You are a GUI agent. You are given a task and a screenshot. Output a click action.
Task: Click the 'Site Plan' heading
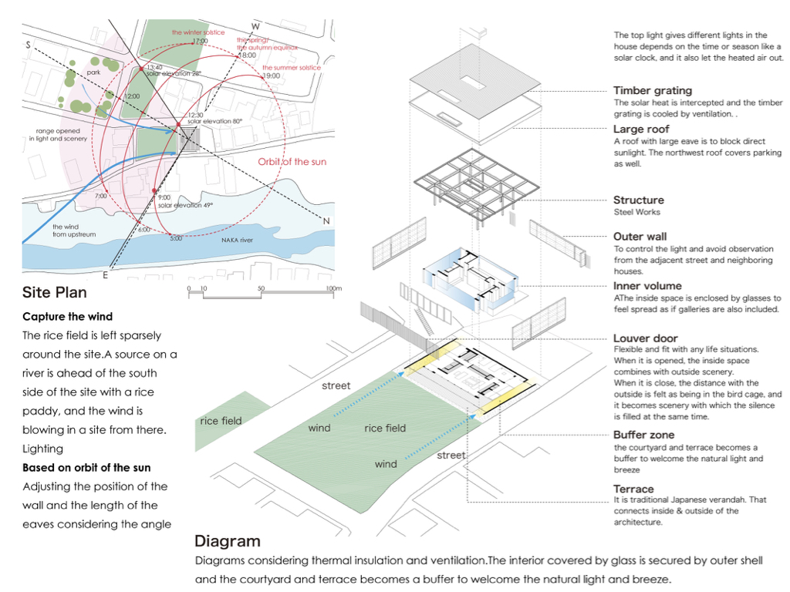[55, 292]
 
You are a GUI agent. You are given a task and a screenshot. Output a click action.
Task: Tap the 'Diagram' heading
[227, 541]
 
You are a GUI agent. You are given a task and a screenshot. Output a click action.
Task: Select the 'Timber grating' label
[653, 91]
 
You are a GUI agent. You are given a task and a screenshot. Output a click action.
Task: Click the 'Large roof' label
[641, 129]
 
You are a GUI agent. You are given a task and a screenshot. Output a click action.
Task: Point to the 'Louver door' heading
[646, 338]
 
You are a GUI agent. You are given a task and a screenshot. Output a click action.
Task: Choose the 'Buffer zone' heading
[644, 436]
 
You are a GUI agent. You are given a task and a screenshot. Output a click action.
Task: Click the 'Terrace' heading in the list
[633, 489]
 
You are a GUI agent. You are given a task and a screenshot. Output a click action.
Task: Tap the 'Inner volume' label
[648, 286]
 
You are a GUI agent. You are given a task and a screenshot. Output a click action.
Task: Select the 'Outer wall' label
[640, 237]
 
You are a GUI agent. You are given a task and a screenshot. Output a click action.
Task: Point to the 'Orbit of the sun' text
[292, 162]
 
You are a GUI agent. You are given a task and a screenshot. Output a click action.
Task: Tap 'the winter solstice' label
[198, 32]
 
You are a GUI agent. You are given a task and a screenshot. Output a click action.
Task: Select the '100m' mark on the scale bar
[333, 288]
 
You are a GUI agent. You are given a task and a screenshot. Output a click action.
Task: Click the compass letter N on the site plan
[326, 222]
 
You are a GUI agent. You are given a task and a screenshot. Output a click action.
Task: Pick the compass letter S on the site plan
[28, 45]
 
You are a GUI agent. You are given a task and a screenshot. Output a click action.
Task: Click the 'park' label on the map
[94, 72]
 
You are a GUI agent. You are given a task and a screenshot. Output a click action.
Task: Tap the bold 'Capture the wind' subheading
[68, 317]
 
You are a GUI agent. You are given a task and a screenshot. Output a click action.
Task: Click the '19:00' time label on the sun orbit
[271, 76]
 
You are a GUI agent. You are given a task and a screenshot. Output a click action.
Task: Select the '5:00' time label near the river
[176, 238]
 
